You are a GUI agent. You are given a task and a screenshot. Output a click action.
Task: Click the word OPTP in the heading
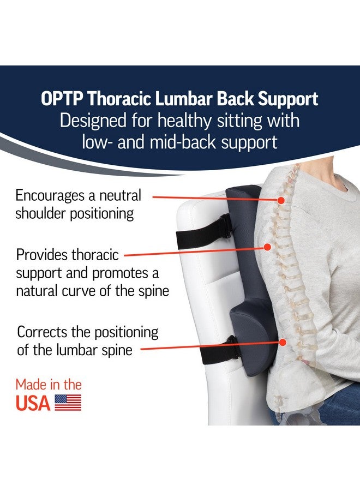point(62,99)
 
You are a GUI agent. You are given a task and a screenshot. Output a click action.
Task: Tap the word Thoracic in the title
point(119,99)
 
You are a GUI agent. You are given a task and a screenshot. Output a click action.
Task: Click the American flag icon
point(68,403)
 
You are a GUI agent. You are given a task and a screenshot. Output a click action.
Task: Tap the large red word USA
point(33,403)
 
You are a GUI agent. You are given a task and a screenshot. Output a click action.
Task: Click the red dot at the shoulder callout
point(281,200)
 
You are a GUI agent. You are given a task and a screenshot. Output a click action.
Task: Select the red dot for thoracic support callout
point(267,247)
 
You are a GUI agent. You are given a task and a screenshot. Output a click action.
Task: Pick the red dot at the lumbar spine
point(283,342)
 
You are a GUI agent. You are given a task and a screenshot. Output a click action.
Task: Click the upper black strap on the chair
point(203,232)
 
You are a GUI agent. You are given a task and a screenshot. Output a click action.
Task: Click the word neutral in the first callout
point(120,196)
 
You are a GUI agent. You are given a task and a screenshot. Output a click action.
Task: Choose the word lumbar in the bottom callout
point(76,350)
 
